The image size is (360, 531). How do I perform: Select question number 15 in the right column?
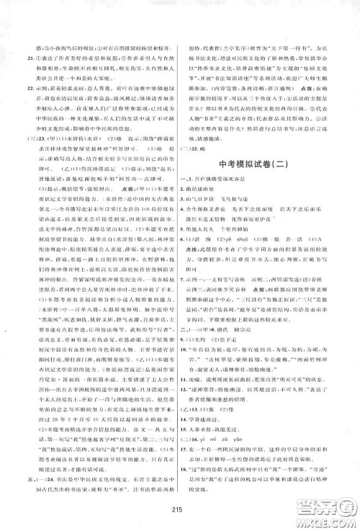pos(191,448)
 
